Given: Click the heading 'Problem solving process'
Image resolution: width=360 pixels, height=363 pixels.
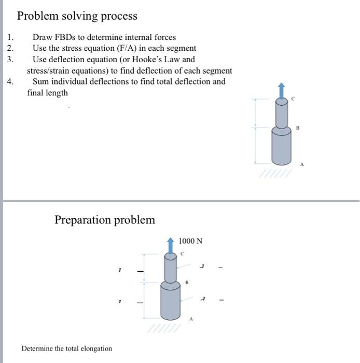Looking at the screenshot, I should pyautogui.click(x=77, y=16).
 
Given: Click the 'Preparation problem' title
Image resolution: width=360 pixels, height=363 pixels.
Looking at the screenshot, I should pyautogui.click(x=105, y=220).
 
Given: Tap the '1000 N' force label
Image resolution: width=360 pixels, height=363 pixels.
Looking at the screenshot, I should pyautogui.click(x=190, y=241).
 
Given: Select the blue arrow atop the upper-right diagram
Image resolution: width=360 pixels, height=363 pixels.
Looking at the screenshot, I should pyautogui.click(x=281, y=91).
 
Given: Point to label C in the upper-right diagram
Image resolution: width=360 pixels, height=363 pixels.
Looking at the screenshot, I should pyautogui.click(x=293, y=99).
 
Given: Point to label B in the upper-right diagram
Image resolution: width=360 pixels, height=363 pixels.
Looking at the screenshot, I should pyautogui.click(x=298, y=127).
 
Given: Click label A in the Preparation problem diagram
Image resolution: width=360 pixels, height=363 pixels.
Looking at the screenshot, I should pyautogui.click(x=191, y=319).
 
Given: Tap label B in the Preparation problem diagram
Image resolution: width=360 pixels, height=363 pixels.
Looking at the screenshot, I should pyautogui.click(x=187, y=283).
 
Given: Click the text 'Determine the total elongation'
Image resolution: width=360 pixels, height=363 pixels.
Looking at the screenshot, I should pyautogui.click(x=66, y=348).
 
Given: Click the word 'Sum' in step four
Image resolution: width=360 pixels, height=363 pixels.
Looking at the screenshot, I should pyautogui.click(x=41, y=81).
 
